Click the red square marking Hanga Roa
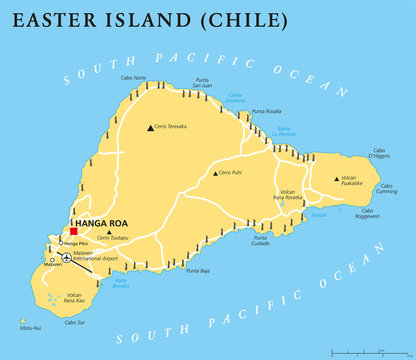pyautogui.click(x=73, y=231)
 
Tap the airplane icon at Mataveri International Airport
pyautogui.click(x=67, y=258)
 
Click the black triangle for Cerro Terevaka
pyautogui.click(x=149, y=127)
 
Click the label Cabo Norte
pyautogui.click(x=133, y=78)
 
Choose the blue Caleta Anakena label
pyautogui.click(x=234, y=97)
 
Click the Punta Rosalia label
pyautogui.click(x=266, y=111)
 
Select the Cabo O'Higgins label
pyautogui.click(x=378, y=154)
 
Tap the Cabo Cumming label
pyautogui.click(x=387, y=187)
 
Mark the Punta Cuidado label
pyautogui.click(x=260, y=239)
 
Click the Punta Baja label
pyautogui.click(x=197, y=270)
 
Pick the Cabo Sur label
pyautogui.click(x=74, y=322)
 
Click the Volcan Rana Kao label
pyautogui.click(x=75, y=297)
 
